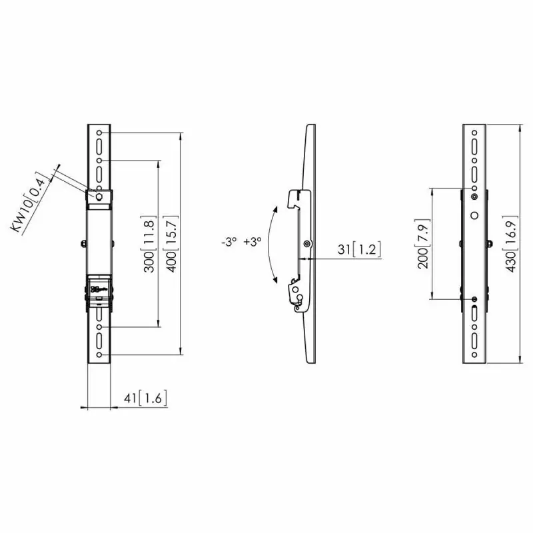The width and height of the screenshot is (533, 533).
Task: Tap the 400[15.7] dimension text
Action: (171, 244)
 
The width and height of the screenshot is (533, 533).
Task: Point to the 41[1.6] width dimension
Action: (145, 398)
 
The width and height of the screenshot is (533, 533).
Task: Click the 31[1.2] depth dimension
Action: (359, 249)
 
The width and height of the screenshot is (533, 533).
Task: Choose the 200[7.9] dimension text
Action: (424, 244)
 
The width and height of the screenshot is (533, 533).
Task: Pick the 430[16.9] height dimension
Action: (512, 244)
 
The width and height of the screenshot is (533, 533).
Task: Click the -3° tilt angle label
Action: (229, 242)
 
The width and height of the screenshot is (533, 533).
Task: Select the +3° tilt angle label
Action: (253, 242)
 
